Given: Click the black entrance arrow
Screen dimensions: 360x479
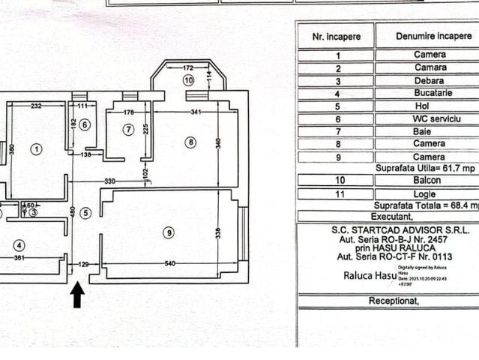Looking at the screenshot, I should coord(76,295).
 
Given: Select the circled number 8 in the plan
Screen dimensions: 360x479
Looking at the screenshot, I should coord(191,142).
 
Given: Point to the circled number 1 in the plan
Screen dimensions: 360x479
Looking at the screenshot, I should coord(36,148).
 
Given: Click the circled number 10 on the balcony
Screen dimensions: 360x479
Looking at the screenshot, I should coord(188,79).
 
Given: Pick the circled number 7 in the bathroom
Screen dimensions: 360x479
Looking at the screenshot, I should coord(128,130).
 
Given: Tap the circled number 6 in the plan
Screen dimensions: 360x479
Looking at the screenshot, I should coord(85,124).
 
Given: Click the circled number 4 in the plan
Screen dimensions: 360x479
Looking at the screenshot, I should coord(19,244).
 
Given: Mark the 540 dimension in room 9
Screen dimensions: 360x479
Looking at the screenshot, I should coord(169,263).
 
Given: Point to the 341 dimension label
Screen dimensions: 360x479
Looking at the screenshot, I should coord(196,112).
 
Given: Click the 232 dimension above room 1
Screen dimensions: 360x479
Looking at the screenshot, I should coord(36,106).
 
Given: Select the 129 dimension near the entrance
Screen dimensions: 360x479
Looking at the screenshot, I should coord(83,264).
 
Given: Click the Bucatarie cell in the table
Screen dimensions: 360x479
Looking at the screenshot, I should coord(430,93).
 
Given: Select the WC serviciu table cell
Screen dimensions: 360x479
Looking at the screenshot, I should coord(430,118).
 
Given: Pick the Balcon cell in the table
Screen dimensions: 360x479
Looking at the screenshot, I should coord(430,180).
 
